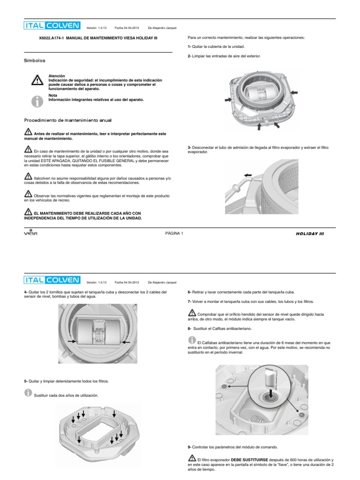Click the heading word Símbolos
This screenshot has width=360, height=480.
35,61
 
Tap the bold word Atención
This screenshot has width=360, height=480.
57,76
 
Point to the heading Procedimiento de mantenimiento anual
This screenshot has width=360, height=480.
67,120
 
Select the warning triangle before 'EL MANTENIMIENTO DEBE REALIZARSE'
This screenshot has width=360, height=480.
28,211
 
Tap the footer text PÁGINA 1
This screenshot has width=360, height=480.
174,233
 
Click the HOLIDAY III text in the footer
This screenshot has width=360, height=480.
309,233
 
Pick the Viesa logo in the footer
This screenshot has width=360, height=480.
30,233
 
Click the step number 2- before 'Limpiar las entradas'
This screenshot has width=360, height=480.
189,56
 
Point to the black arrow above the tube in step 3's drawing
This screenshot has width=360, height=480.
247,175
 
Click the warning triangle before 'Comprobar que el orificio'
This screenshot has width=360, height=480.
192,312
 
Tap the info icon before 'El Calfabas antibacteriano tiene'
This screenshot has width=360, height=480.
192,339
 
